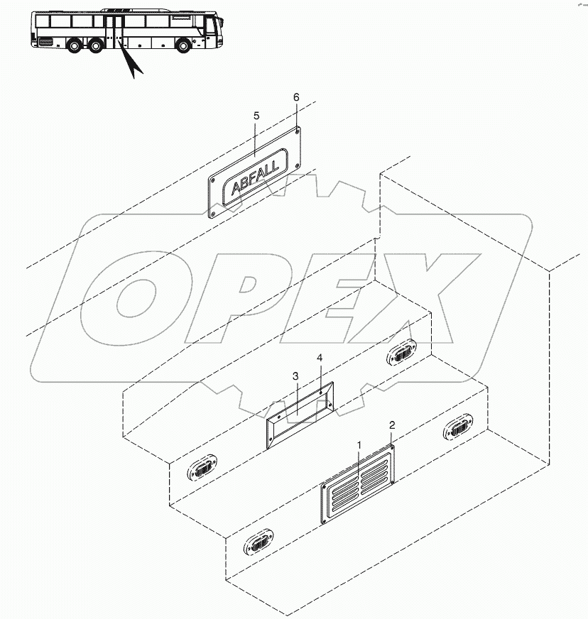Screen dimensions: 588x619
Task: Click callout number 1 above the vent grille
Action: coord(359,444)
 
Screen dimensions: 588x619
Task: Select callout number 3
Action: coord(295,376)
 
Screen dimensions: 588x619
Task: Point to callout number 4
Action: coord(320,359)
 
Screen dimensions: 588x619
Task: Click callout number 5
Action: coord(256,115)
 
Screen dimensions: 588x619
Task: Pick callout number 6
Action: coord(296,97)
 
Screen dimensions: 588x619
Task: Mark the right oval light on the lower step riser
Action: coord(458,429)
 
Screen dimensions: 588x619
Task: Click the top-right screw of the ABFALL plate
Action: coord(296,131)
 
